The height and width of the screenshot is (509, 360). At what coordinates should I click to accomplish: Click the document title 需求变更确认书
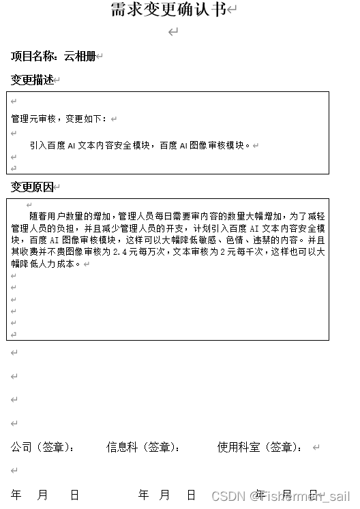point(168,10)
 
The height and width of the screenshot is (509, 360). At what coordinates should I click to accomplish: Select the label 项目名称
point(32,57)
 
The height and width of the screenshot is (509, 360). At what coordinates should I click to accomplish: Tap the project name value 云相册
point(80,57)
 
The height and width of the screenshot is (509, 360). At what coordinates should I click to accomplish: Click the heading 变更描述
point(31,80)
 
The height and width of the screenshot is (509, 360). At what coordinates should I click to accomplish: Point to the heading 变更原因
point(31,187)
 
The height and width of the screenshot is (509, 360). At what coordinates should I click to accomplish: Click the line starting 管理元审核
point(59,119)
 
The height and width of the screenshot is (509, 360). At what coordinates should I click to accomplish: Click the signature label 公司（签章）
point(42,448)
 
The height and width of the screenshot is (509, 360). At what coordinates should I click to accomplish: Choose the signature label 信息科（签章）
point(142,448)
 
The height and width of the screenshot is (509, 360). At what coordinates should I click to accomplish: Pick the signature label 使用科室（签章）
point(258,448)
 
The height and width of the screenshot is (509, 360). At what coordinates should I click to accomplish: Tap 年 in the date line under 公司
point(16,495)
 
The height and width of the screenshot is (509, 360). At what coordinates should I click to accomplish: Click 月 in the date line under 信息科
point(164,495)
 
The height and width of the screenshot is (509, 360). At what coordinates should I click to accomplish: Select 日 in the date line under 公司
point(74,495)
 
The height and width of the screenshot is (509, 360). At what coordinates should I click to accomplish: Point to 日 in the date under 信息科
point(192,495)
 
